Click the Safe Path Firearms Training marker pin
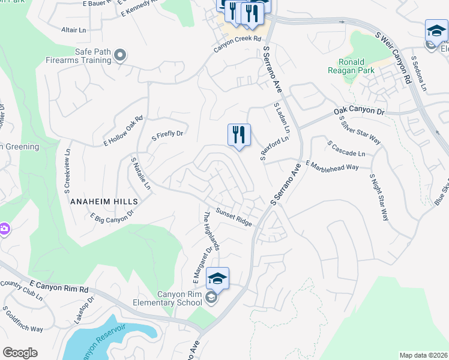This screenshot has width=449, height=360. click(120, 56)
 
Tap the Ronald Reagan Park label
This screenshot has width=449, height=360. click(360, 66)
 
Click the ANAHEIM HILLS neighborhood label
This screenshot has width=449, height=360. click(104, 202)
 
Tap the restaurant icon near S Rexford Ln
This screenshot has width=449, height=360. click(239, 136)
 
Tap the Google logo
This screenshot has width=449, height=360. click(20, 353)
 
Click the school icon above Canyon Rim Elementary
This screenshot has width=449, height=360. click(218, 278)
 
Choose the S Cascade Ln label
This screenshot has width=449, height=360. click(350, 149)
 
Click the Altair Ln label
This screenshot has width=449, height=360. click(74, 29)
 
